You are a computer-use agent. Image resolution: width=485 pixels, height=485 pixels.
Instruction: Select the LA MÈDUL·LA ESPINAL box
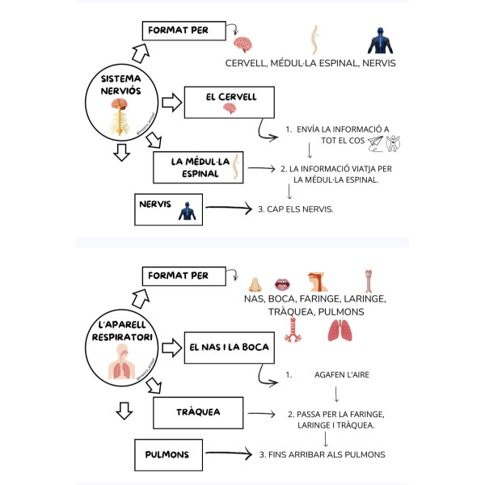[x=199, y=167]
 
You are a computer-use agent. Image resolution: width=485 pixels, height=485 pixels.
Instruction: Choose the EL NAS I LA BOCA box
[x=226, y=348]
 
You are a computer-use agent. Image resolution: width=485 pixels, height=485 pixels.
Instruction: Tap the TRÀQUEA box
[x=198, y=412]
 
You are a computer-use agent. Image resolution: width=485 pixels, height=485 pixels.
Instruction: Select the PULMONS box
[x=169, y=454]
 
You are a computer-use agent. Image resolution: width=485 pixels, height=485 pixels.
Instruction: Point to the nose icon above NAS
[x=254, y=284]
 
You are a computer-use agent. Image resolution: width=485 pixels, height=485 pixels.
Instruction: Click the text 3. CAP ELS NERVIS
[x=296, y=209]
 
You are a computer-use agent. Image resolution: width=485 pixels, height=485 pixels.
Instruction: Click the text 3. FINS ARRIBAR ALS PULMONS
[x=322, y=454]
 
